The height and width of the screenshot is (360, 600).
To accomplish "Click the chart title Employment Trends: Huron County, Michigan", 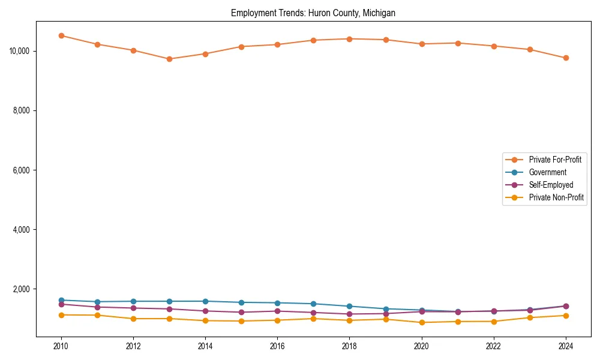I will coord(313,13).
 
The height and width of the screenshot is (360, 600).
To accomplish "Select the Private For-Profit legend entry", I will coord(555,160).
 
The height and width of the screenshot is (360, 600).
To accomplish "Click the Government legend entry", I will coord(547,172).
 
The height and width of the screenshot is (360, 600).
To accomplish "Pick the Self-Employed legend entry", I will coord(551,185).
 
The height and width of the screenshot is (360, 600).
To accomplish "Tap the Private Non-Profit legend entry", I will coord(556,197).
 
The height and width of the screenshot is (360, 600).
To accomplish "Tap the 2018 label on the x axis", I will coord(349,346).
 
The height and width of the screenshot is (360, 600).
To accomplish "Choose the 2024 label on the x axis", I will coord(566,346).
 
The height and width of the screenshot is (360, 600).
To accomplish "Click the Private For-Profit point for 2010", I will coord(61,35).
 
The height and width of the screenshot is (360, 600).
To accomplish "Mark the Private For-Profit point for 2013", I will coord(169,59).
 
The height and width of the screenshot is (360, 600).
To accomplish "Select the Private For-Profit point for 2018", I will coord(349,39).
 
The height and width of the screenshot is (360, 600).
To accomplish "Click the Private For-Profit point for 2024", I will coord(566,58).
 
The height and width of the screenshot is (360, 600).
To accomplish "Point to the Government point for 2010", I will coord(61,300).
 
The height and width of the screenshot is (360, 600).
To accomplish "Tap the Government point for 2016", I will coord(277,303).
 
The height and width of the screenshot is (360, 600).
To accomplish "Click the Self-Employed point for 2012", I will coord(133,308).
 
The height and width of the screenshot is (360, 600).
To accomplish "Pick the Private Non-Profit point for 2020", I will coord(422,322).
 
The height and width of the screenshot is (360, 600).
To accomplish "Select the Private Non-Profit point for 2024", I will coord(566,316).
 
